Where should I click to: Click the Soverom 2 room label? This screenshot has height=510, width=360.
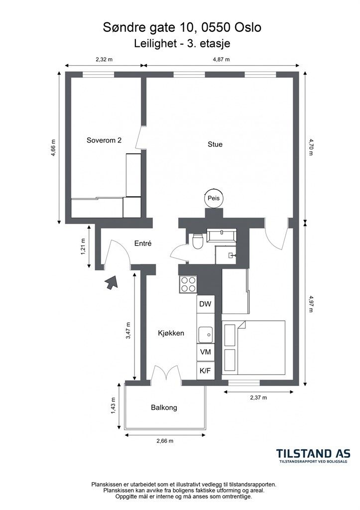(104, 140)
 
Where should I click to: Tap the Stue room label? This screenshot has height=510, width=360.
(215, 144)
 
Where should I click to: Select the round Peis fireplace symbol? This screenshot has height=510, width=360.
(214, 198)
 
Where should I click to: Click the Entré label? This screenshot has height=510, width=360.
(143, 243)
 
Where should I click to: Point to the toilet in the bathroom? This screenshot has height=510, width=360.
(197, 242)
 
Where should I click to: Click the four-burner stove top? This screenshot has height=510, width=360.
(188, 284)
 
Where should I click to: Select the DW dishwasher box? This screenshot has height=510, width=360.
(205, 304)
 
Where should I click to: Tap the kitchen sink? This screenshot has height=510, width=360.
(205, 334)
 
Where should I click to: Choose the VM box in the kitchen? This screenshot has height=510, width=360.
(205, 352)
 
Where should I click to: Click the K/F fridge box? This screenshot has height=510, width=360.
(205, 371)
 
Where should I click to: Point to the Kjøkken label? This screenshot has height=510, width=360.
(171, 333)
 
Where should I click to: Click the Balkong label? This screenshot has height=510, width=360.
(164, 407)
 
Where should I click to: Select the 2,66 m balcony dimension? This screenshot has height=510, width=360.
(165, 441)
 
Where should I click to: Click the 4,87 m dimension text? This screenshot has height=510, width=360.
(221, 59)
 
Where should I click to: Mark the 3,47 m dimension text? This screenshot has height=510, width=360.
(128, 331)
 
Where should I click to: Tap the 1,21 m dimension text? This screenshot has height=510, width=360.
(83, 247)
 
